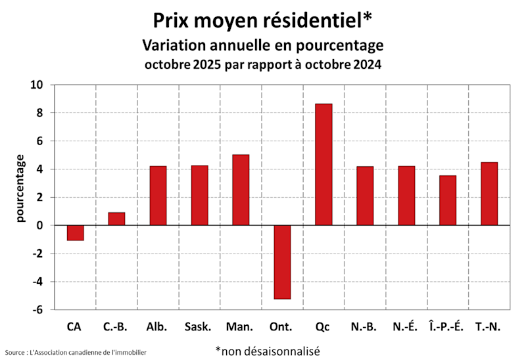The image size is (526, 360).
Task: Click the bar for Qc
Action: pos(323,164)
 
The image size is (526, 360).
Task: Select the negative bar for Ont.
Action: pos(282,261)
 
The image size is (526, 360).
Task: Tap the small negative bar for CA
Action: pos(75,233)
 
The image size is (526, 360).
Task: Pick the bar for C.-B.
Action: pos(116,219)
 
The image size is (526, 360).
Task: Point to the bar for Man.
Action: pos(241,190)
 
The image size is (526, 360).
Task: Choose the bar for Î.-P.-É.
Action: pos(448,200)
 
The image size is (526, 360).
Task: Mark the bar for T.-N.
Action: pos(489,194)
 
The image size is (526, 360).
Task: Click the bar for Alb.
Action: pos(158,196)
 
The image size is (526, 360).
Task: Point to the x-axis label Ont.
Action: pos(281,326)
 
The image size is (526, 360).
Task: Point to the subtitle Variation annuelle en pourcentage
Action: pos(263,45)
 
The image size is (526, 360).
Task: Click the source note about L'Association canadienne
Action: pos(76,353)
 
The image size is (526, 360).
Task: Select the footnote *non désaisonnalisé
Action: pos(267,351)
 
